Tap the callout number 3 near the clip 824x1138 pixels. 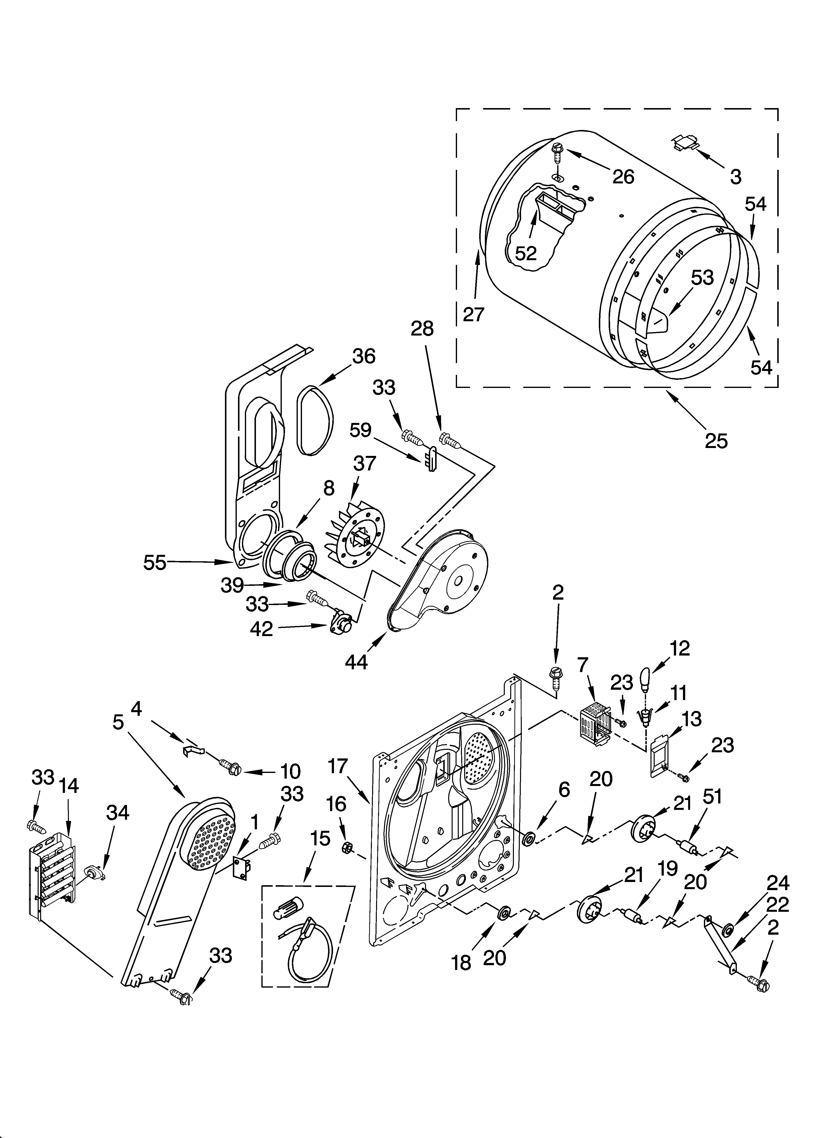tap(735, 177)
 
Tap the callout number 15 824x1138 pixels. tap(320, 838)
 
